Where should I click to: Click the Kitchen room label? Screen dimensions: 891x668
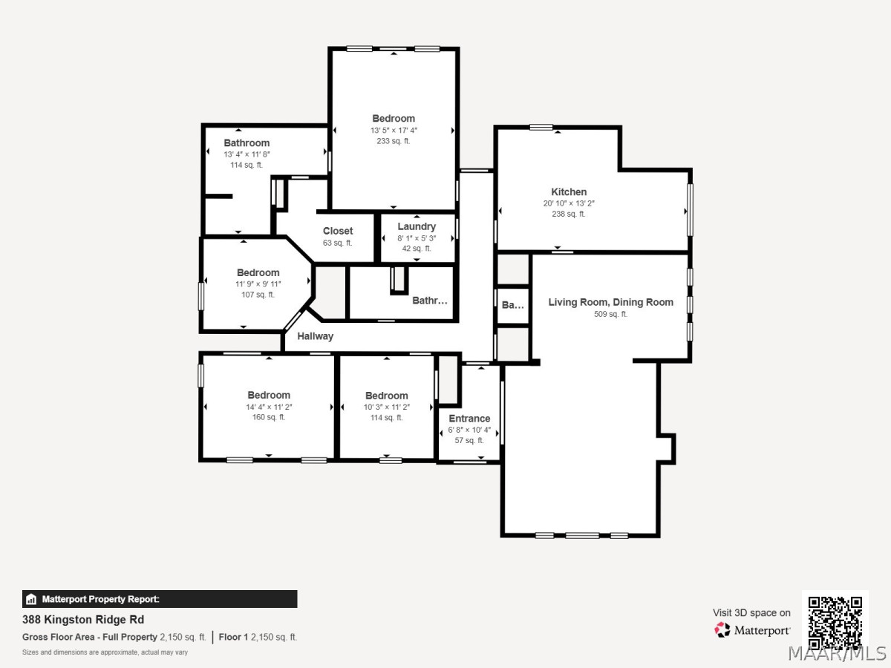click(569, 191)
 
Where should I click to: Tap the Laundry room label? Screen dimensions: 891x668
click(417, 226)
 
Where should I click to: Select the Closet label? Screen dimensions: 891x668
click(338, 231)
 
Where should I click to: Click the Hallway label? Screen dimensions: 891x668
click(315, 336)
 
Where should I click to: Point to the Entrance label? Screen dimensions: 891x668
click(469, 419)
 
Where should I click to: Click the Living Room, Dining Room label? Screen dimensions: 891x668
click(610, 302)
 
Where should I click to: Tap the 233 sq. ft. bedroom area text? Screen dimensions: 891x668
click(394, 141)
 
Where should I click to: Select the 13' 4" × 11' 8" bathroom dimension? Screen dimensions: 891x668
click(247, 154)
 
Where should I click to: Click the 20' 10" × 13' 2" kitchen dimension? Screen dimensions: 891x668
click(569, 203)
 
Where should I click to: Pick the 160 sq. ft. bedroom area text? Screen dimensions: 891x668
click(269, 417)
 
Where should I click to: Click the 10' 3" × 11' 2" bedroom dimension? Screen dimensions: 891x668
click(386, 407)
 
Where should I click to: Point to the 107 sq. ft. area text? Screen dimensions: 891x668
click(258, 295)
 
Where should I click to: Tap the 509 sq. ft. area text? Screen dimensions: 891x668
click(610, 314)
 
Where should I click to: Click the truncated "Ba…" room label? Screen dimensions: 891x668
click(512, 305)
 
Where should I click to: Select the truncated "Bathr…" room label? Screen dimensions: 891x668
click(429, 301)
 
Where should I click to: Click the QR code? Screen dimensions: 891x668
click(835, 623)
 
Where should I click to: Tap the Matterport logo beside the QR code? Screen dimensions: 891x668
click(752, 630)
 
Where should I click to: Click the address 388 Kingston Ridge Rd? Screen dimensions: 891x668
click(83, 620)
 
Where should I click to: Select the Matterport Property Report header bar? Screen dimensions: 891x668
click(160, 599)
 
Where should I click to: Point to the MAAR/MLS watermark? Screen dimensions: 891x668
click(837, 654)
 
